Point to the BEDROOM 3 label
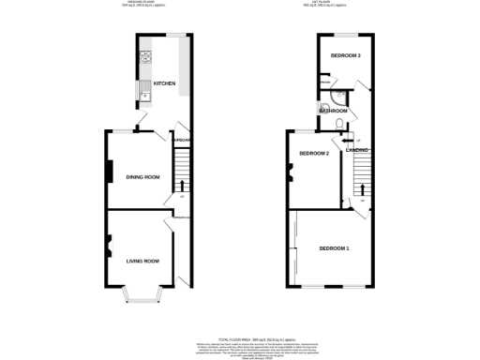345,55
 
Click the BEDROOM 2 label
314,153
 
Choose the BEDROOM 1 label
334,247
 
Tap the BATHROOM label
333,111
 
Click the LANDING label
356,150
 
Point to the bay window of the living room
143,297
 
